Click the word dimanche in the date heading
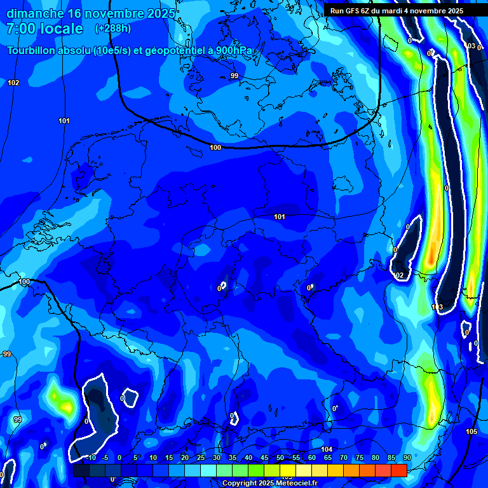coord(35,13)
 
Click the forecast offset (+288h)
coord(112,29)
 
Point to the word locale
coord(62,29)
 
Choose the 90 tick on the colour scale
coord(407,457)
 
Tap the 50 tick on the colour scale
coord(280,457)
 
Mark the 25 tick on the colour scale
coord(200,457)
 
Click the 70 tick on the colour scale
coord(343,457)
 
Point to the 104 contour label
coord(327,449)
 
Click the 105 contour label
coord(471,431)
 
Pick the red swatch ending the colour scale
coord(398,470)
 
